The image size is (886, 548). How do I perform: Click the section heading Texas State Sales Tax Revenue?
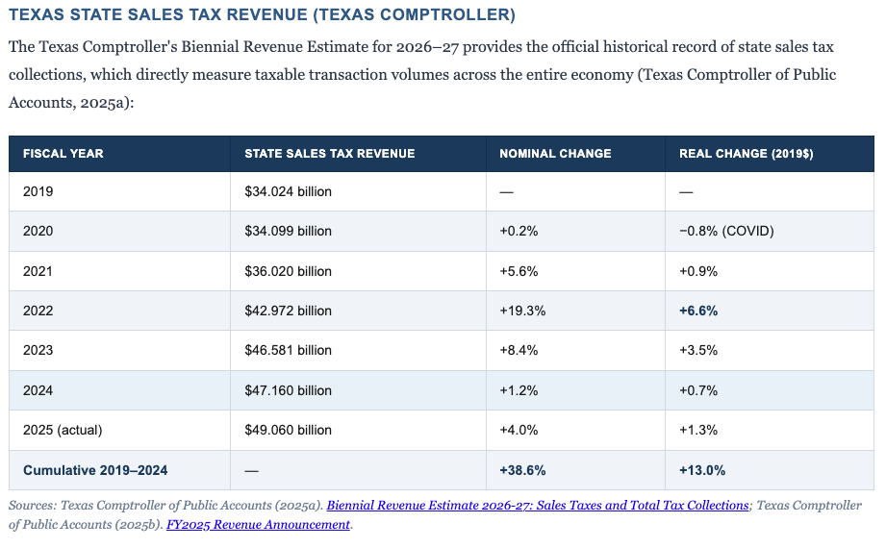(262, 15)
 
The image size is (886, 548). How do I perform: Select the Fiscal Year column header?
(63, 153)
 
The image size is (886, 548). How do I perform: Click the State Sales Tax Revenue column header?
(329, 153)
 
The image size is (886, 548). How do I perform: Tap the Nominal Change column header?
(555, 153)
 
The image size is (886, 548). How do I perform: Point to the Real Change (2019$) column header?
(747, 153)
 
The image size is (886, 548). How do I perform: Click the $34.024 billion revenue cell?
(288, 191)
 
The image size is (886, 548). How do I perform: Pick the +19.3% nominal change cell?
(519, 311)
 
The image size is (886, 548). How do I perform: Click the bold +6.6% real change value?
(698, 311)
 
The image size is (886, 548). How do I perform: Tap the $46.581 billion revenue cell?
(288, 351)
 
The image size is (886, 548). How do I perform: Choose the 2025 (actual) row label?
(63, 430)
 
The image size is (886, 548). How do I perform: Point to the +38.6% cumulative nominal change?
(522, 470)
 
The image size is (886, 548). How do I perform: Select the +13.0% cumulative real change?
(702, 470)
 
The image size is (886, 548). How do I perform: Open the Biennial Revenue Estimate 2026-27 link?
(538, 506)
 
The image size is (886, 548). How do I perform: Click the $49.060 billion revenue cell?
(288, 430)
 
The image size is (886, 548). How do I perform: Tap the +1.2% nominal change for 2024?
(517, 390)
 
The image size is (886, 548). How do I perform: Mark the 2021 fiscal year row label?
(38, 271)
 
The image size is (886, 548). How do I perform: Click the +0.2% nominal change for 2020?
(517, 232)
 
